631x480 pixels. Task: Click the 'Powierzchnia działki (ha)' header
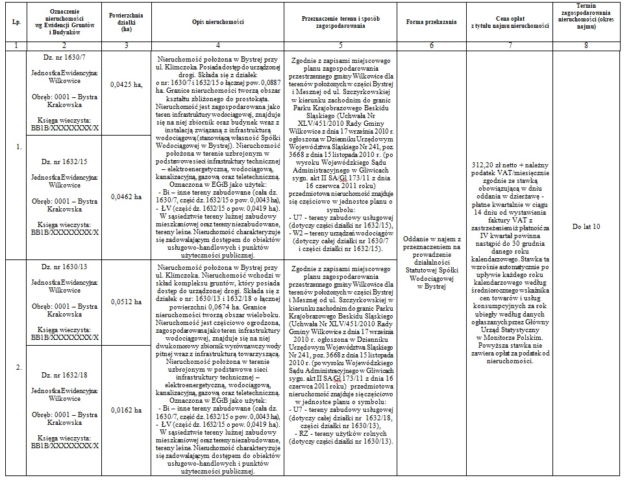pyautogui.click(x=127, y=22)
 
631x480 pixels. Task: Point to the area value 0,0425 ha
pyautogui.click(x=126, y=85)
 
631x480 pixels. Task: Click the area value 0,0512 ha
pyautogui.click(x=126, y=302)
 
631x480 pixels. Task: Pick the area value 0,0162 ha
pyautogui.click(x=126, y=410)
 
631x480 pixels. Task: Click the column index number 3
pyautogui.click(x=127, y=45)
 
